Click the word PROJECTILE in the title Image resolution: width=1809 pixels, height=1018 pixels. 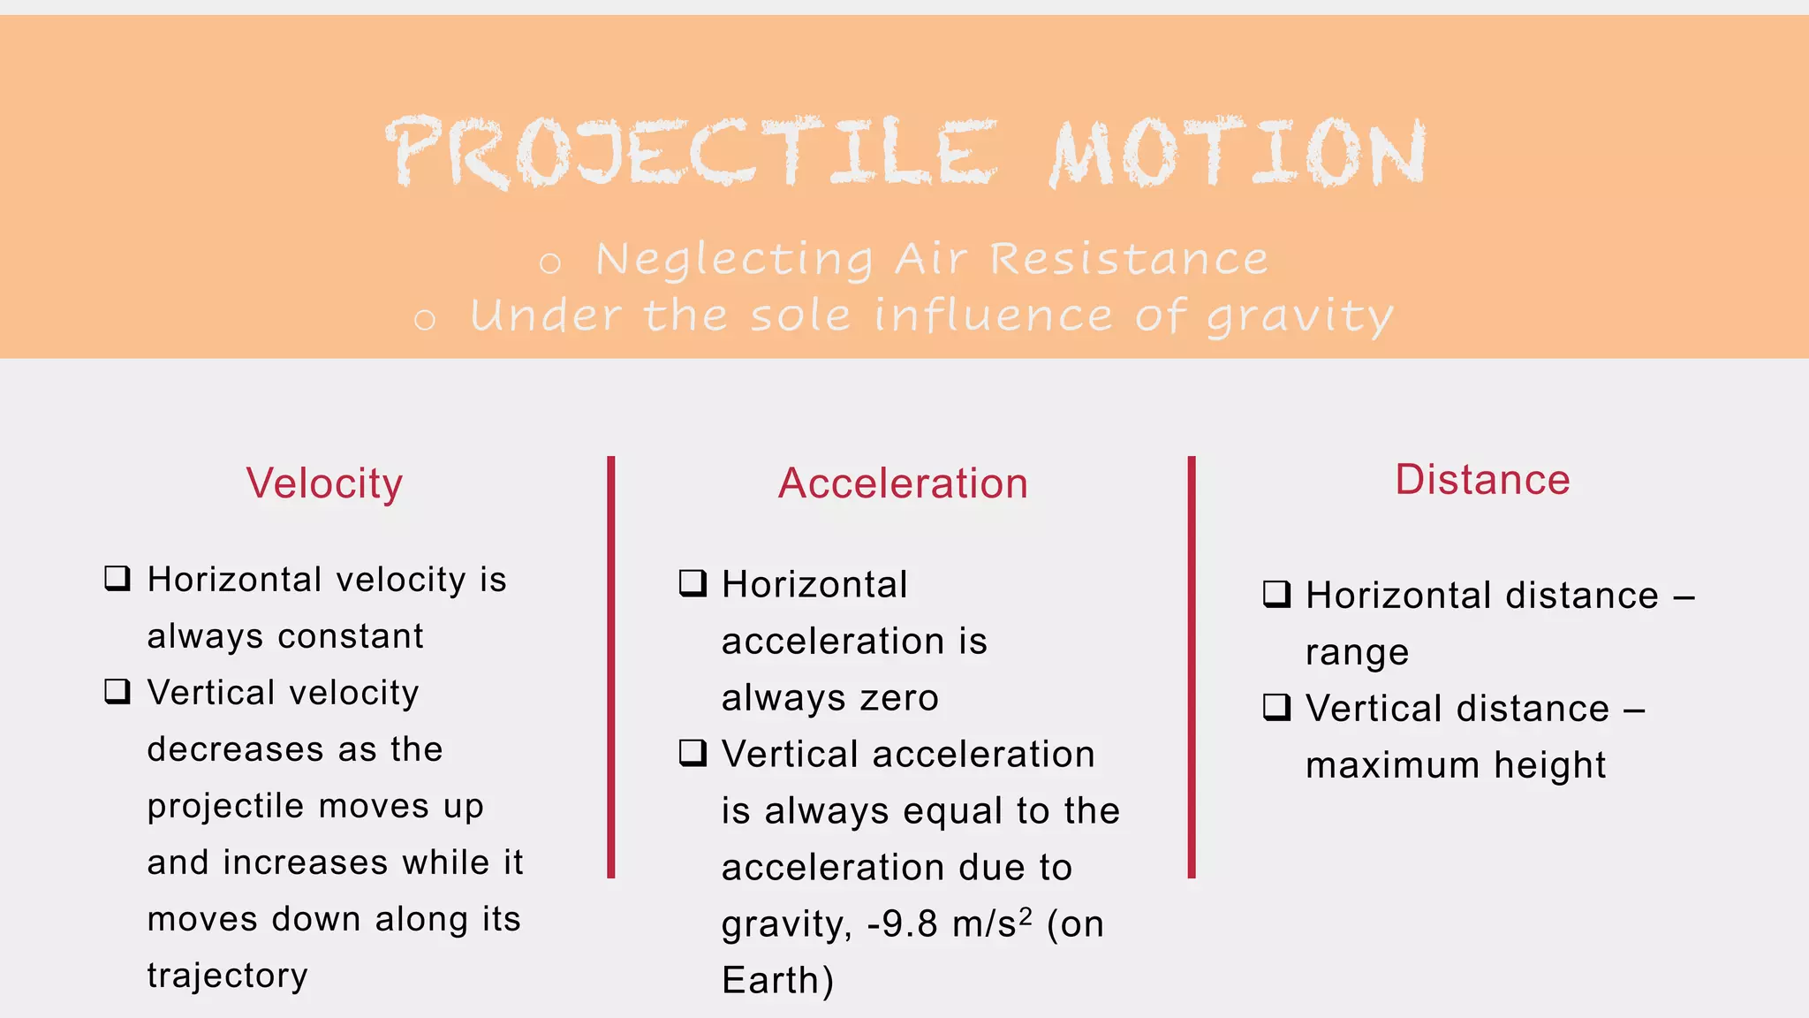pyautogui.click(x=691, y=152)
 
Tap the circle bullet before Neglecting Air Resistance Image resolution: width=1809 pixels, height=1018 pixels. pyautogui.click(x=550, y=262)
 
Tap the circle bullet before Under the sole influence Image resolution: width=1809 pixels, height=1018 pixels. pyautogui.click(x=425, y=319)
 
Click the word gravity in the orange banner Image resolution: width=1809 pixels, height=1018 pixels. pyautogui.click(x=1300, y=317)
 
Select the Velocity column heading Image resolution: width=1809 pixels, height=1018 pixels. pyautogui.click(x=324, y=483)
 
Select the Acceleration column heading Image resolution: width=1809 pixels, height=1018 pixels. pyautogui.click(x=903, y=483)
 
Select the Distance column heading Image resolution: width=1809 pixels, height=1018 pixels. pyautogui.click(x=1482, y=480)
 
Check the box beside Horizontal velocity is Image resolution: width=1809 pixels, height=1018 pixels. pyautogui.click(x=117, y=579)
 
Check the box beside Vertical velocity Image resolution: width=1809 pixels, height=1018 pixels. pyautogui.click(x=117, y=691)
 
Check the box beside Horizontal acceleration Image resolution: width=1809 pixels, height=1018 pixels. pyautogui.click(x=693, y=583)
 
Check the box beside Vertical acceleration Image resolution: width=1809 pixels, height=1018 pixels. pyautogui.click(x=693, y=753)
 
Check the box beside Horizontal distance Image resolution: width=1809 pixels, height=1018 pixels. pyautogui.click(x=1276, y=594)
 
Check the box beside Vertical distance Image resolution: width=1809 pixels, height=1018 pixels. pyautogui.click(x=1276, y=707)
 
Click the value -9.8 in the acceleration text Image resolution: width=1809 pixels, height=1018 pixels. pyautogui.click(x=902, y=924)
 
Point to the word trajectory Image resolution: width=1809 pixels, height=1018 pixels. pyautogui.click(x=228, y=976)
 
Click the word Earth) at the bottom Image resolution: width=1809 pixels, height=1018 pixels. pyautogui.click(x=777, y=981)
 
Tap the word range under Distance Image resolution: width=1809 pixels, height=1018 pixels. pyautogui.click(x=1357, y=652)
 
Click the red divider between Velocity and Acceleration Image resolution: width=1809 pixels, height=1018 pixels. pyautogui.click(x=611, y=667)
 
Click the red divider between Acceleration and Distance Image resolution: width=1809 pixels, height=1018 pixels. pyautogui.click(x=1192, y=667)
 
